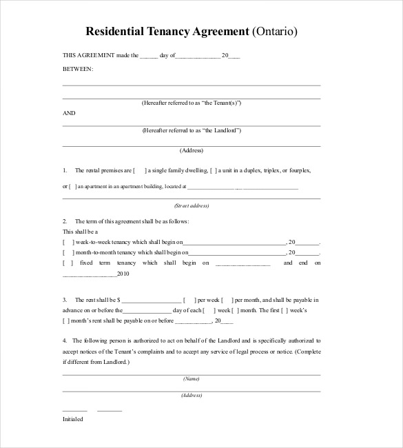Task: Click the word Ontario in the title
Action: pyautogui.click(x=276, y=32)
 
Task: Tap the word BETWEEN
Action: pyautogui.click(x=78, y=70)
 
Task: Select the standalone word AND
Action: pyautogui.click(x=69, y=112)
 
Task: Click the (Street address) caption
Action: pyautogui.click(x=192, y=205)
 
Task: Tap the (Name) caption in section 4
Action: pyautogui.click(x=192, y=378)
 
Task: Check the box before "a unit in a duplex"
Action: pyautogui.click(x=214, y=170)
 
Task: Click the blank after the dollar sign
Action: pyautogui.click(x=153, y=301)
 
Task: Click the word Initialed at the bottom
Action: pyautogui.click(x=72, y=418)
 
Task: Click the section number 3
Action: pyautogui.click(x=64, y=301)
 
